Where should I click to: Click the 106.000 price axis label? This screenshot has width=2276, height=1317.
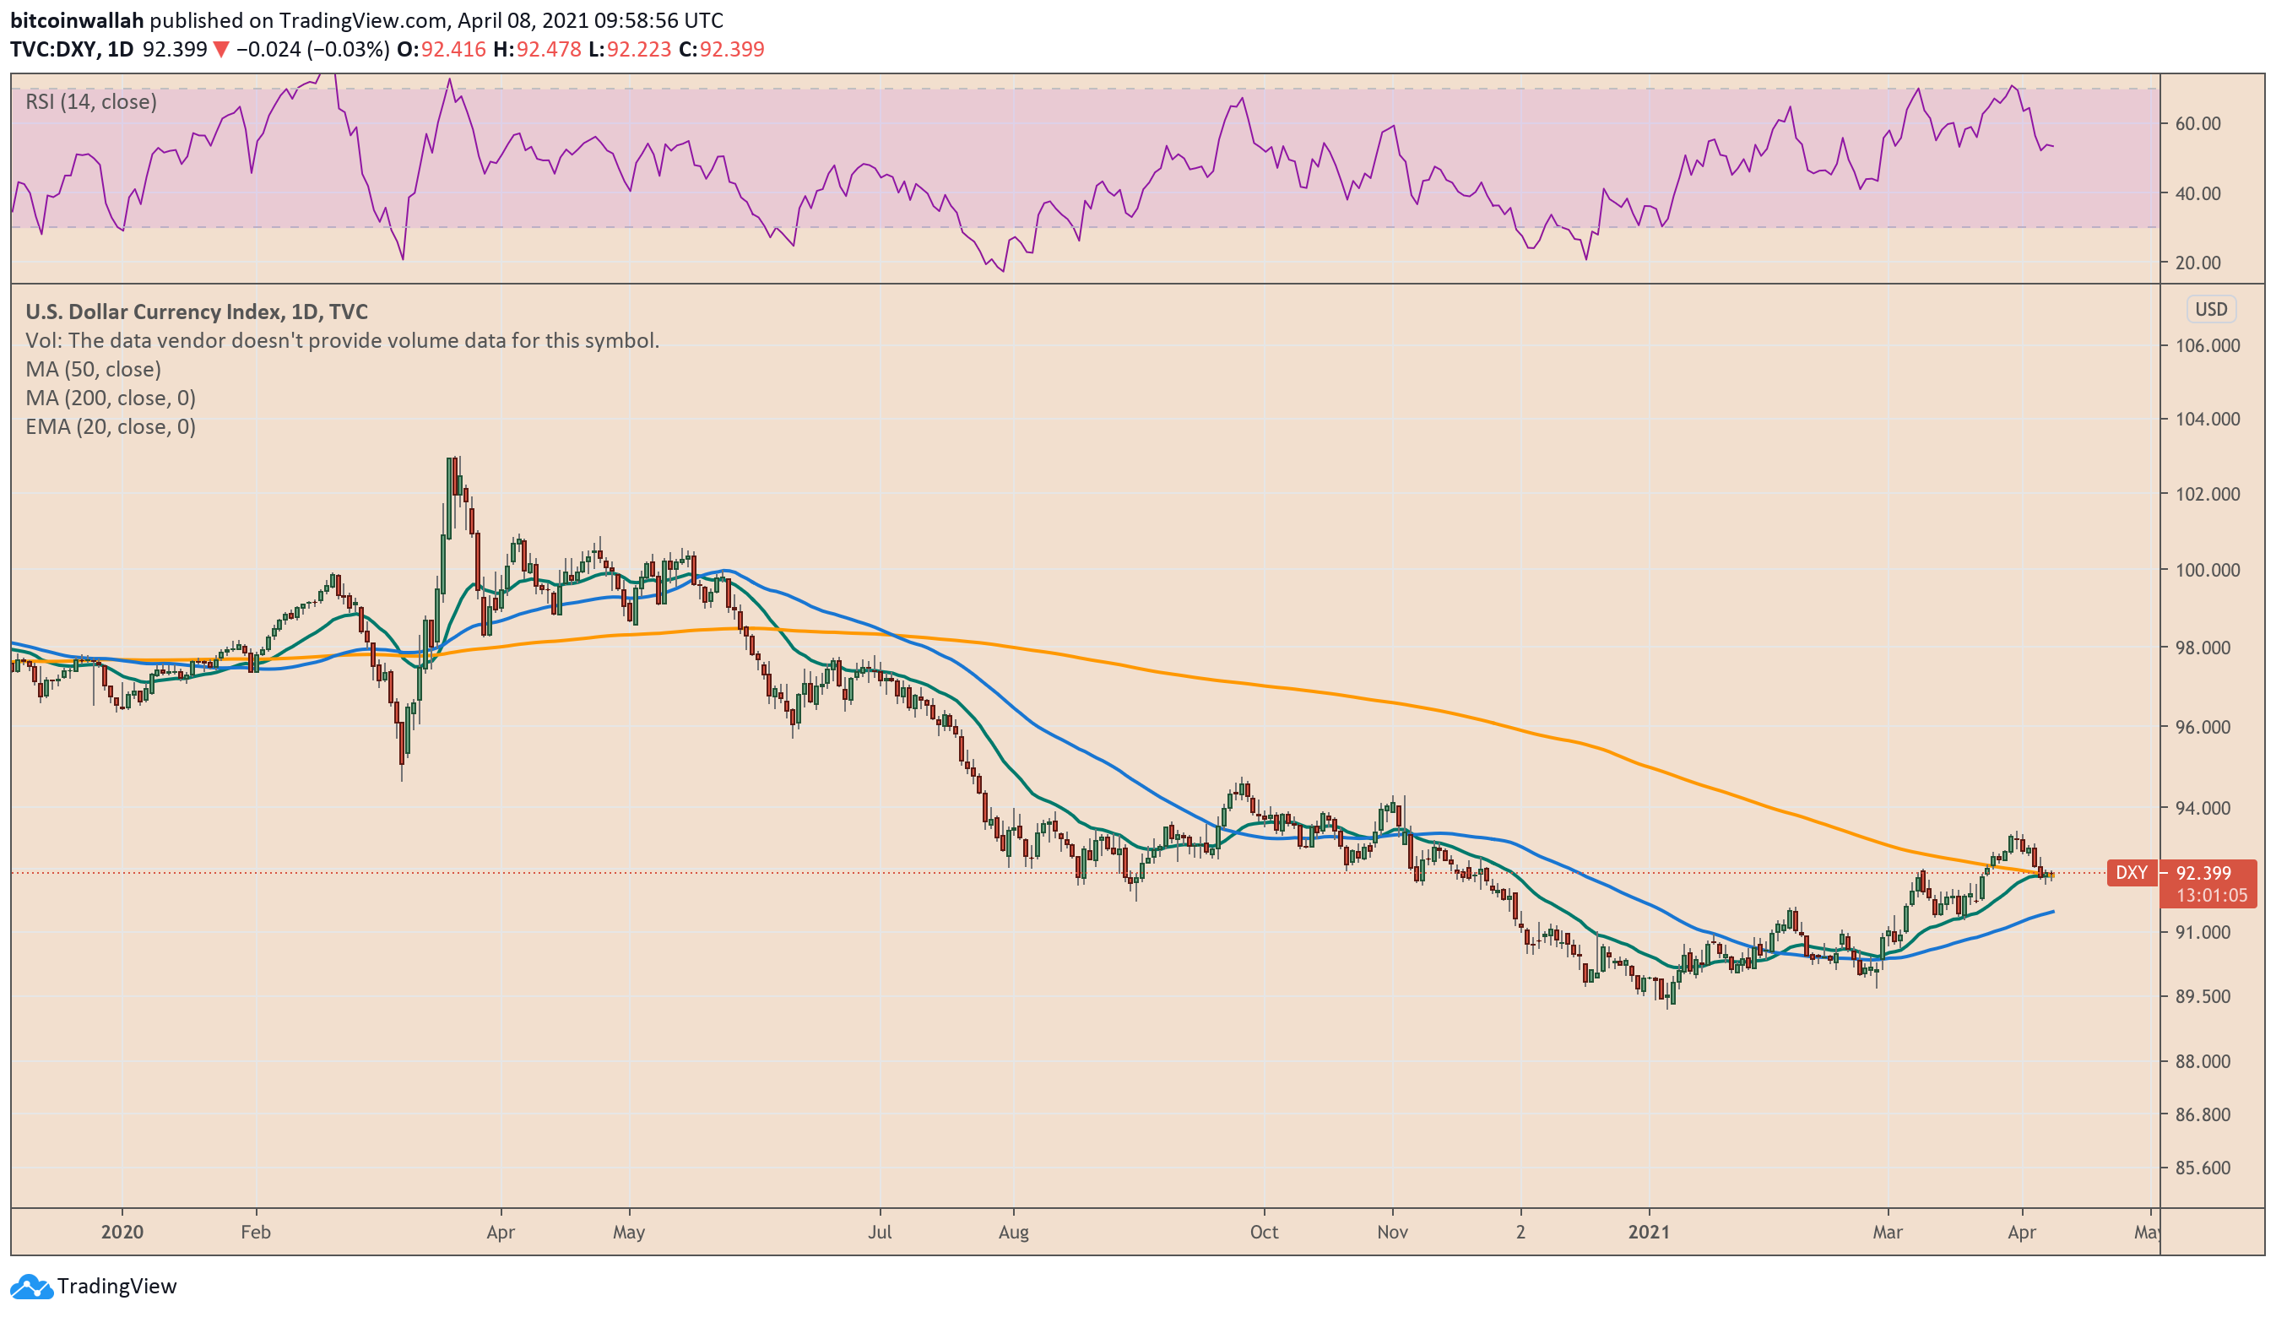point(2207,345)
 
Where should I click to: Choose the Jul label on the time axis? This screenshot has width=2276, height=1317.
point(879,1232)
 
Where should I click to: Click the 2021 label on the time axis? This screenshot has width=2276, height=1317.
point(1648,1232)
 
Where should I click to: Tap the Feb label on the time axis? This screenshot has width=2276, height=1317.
point(256,1232)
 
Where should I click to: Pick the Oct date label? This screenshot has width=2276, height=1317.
point(1264,1232)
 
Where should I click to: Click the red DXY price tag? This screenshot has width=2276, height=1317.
point(2132,873)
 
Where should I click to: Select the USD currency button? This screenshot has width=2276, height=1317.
point(2210,309)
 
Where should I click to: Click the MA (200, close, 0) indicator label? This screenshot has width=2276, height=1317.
point(111,398)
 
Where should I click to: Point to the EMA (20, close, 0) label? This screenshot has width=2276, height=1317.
point(111,426)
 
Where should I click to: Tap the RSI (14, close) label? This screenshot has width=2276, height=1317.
point(90,101)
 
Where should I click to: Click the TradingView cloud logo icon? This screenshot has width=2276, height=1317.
point(31,1286)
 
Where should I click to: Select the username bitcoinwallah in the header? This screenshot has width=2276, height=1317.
point(77,20)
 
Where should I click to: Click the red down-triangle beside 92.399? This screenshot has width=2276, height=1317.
point(220,50)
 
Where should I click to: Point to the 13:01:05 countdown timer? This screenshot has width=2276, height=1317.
point(2211,895)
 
